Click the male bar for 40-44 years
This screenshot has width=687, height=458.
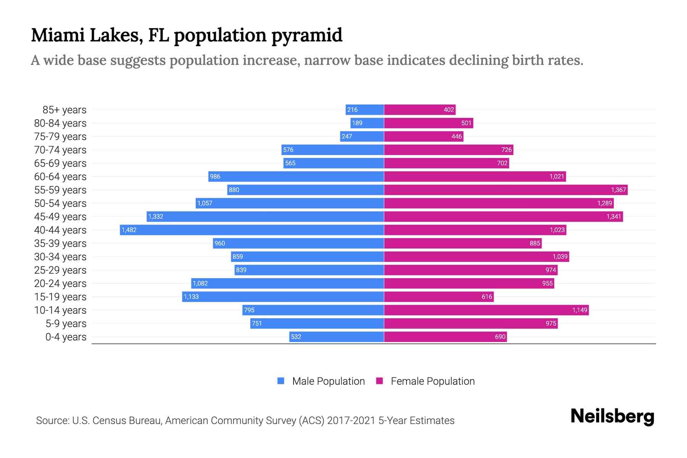coord(252,230)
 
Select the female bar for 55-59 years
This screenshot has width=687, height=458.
coord(506,190)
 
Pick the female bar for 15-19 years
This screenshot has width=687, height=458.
coord(439,297)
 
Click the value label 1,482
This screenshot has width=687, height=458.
coord(129,230)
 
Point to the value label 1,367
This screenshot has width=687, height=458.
coord(618,190)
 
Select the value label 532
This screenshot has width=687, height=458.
coord(296,337)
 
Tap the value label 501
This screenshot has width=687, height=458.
coord(466,123)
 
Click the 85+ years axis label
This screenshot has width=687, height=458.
coord(65,110)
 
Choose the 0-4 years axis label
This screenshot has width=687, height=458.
coord(66,337)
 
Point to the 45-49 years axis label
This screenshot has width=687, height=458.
coord(60,217)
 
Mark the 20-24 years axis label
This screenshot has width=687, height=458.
coord(60,284)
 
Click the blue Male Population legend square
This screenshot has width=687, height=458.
coord(281,381)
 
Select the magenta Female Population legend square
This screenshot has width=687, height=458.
coord(379,381)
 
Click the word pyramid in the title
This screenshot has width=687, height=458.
coord(307,36)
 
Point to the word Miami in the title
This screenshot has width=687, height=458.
coord(58,35)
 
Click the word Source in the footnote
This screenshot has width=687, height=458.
coord(52,421)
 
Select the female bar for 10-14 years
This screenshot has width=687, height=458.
coord(486,310)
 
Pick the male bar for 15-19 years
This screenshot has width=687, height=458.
coord(283,297)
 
